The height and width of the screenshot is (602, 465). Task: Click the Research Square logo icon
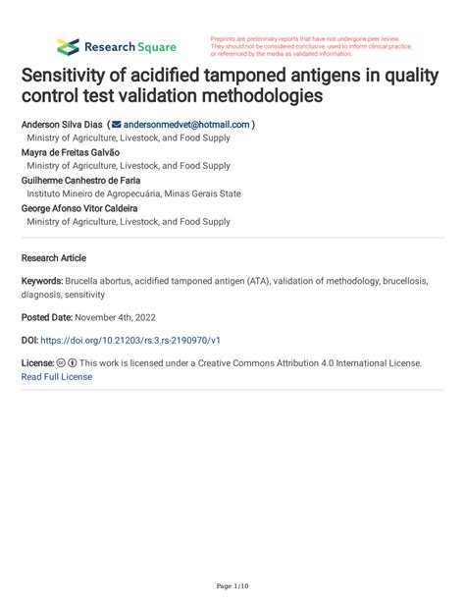click(x=68, y=46)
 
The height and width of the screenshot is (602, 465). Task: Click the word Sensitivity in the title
click(x=72, y=77)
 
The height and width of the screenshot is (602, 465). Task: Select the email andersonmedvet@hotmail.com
click(x=186, y=125)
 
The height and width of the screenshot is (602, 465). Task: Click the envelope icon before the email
click(x=116, y=125)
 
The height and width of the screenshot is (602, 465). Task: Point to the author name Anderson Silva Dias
click(x=61, y=125)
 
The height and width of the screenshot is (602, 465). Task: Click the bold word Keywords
click(x=41, y=282)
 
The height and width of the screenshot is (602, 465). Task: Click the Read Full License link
click(x=56, y=376)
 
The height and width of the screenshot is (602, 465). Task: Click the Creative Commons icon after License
click(x=61, y=363)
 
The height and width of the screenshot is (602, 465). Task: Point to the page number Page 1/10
click(x=232, y=585)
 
